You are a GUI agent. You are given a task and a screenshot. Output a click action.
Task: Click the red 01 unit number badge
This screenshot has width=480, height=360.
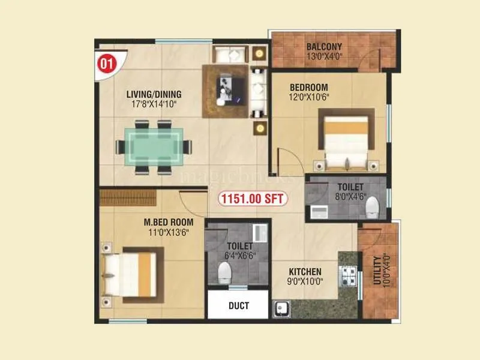[x=106, y=64]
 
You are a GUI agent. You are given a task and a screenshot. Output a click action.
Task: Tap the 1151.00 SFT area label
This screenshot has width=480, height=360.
[x=252, y=198]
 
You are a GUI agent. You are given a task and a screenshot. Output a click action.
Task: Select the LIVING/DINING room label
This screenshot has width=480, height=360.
[x=154, y=94]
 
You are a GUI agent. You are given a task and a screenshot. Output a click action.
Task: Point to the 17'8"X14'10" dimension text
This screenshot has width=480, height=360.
[x=154, y=104]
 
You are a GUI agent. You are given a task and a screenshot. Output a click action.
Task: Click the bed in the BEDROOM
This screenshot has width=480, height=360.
[x=347, y=140]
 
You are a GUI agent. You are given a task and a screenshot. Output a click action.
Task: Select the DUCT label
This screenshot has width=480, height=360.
[x=239, y=305]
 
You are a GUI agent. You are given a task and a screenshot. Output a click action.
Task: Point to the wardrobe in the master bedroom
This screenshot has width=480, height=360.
[x=129, y=197]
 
